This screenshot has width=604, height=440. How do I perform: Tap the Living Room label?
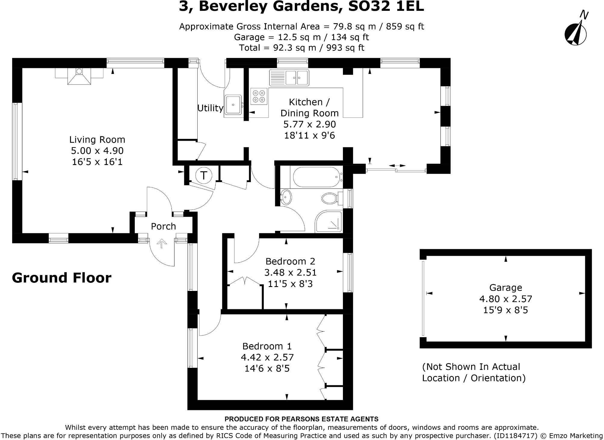pyautogui.click(x=97, y=139)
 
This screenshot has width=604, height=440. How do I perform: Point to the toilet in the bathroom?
pyautogui.click(x=330, y=198)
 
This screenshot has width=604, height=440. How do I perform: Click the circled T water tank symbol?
pyautogui.click(x=204, y=175)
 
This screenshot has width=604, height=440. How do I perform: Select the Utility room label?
pyautogui.click(x=210, y=108)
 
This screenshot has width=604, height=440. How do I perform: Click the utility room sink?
pyautogui.click(x=233, y=105)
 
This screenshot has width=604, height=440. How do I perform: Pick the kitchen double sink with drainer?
pyautogui.click(x=289, y=78)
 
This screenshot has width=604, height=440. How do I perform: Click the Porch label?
pyautogui.click(x=163, y=226)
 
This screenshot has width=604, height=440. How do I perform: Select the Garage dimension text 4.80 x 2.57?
pyautogui.click(x=506, y=299)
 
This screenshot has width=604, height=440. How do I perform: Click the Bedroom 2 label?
pyautogui.click(x=290, y=261)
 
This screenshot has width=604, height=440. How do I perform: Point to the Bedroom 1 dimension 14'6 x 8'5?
pyautogui.click(x=267, y=368)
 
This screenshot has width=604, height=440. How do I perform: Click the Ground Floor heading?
pyautogui.click(x=62, y=278)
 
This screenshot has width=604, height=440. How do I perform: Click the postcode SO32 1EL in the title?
pyautogui.click(x=386, y=7)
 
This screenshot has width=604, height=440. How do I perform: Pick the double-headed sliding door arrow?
pyautogui.click(x=397, y=166)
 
